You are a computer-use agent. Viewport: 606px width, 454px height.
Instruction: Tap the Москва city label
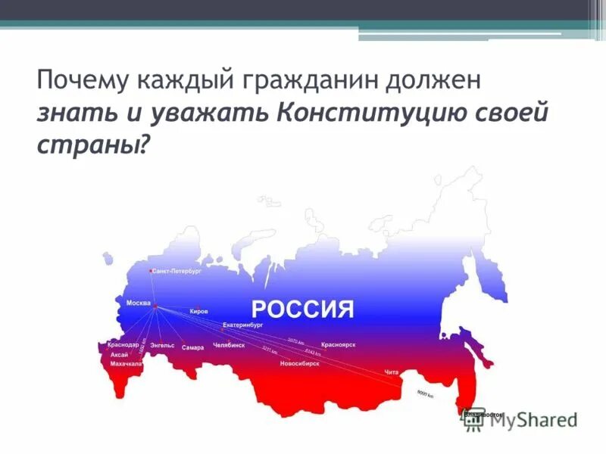click(138, 303)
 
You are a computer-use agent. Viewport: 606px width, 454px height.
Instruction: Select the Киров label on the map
click(198, 311)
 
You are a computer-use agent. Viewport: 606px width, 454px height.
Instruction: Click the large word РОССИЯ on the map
click(302, 309)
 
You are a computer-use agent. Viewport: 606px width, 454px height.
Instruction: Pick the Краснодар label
click(117, 345)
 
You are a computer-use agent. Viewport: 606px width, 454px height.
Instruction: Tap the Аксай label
click(119, 354)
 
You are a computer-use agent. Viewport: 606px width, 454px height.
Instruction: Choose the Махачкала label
click(126, 363)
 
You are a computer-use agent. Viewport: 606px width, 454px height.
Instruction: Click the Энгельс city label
click(162, 346)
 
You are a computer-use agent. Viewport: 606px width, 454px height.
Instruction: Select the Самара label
click(192, 348)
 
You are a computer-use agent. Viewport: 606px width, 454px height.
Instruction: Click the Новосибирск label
click(299, 363)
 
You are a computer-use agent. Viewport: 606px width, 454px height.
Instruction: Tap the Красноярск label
click(338, 344)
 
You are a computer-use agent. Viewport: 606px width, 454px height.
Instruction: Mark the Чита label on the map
click(391, 372)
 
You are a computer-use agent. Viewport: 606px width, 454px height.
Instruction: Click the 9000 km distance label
click(425, 394)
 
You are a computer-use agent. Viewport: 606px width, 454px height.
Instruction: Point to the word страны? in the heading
click(90, 144)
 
